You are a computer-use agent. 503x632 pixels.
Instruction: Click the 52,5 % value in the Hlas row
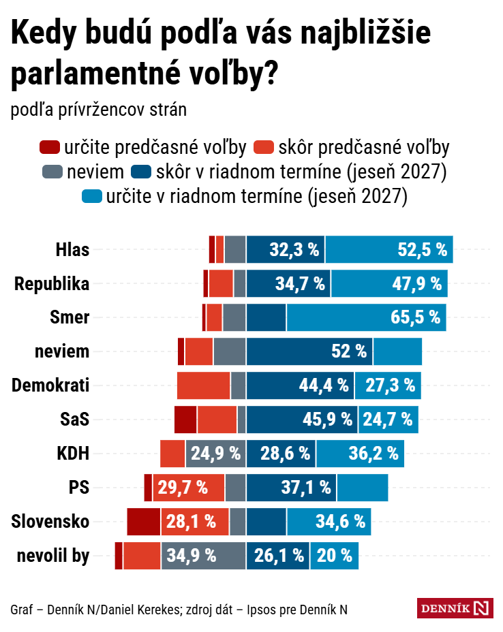click(x=423, y=249)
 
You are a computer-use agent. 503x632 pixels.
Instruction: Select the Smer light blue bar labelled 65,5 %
click(x=367, y=317)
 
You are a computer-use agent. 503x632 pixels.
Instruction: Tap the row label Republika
click(x=52, y=283)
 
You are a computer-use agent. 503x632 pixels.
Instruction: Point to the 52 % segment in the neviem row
click(x=309, y=351)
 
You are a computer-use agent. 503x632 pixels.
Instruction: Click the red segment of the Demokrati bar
click(x=203, y=385)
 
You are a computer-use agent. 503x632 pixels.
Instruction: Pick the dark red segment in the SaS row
click(x=185, y=420)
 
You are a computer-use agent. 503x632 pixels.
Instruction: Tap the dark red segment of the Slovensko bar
click(x=143, y=522)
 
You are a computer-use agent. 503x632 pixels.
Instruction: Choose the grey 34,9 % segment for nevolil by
click(x=202, y=556)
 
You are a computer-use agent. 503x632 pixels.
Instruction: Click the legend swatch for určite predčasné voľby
click(x=50, y=147)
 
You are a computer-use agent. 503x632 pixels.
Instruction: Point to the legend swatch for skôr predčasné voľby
click(x=263, y=147)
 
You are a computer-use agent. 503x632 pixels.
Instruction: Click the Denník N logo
click(x=455, y=608)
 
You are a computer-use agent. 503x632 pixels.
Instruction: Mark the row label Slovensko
click(x=50, y=522)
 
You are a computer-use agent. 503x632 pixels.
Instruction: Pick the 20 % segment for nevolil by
click(x=334, y=556)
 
